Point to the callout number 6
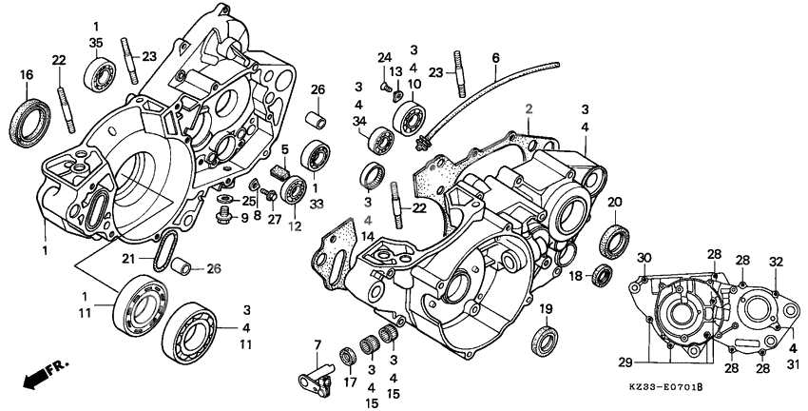[495, 58]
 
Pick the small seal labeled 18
[601, 277]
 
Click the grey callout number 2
[524, 109]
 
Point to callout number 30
[644, 259]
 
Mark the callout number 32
[776, 261]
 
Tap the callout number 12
[296, 225]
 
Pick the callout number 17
[349, 384]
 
